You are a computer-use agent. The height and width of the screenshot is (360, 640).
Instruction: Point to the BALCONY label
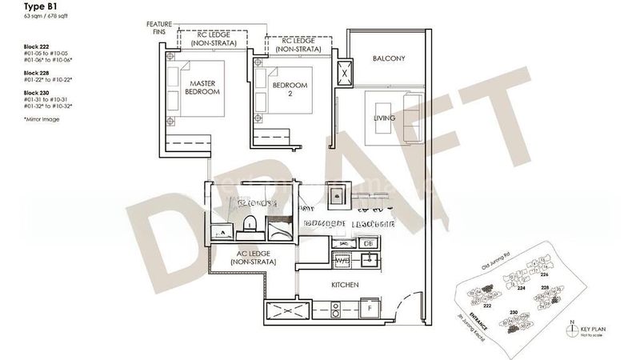coord(390,58)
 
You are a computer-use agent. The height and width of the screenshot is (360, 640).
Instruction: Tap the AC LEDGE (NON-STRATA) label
coord(252,258)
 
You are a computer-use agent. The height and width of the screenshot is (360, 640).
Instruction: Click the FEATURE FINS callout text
coord(159,29)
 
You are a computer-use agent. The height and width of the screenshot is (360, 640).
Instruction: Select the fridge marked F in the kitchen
coord(370,307)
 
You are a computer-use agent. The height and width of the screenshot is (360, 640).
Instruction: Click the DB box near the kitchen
coord(368,243)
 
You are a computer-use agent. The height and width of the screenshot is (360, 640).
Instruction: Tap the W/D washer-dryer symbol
coord(342,260)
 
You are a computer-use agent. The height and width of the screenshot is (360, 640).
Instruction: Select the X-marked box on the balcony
coord(345,71)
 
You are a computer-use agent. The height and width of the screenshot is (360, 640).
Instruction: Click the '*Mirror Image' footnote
coord(42,119)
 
